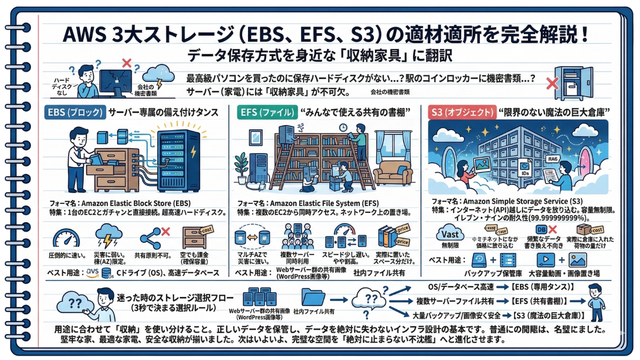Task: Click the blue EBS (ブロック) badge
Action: point(74,113)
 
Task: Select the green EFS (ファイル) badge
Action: point(265,113)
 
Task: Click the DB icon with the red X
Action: point(541,230)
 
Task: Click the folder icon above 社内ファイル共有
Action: point(314,297)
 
